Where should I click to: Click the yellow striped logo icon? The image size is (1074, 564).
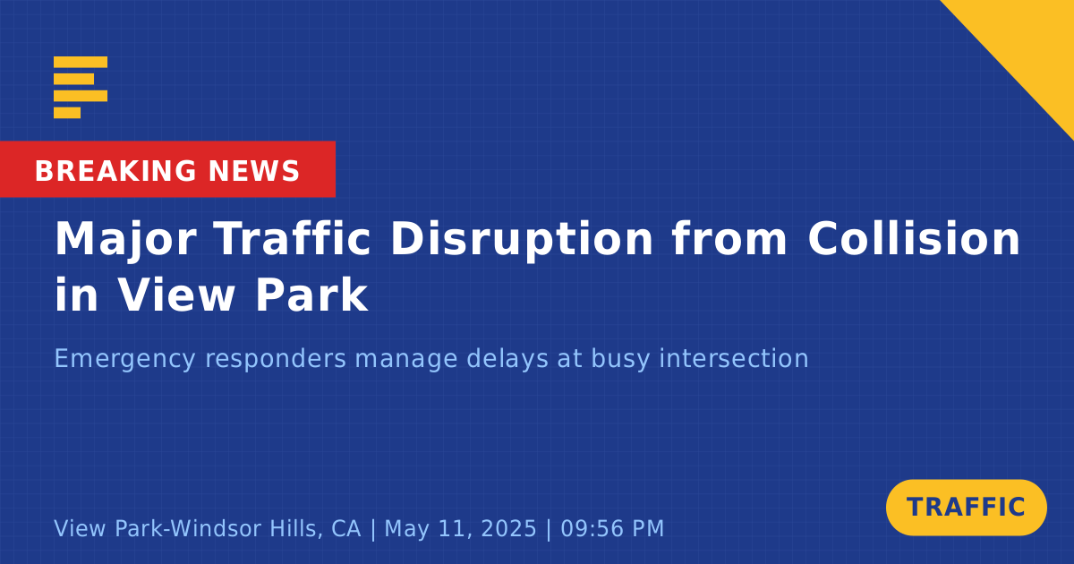[81, 88]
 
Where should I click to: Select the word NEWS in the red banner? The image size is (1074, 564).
[254, 171]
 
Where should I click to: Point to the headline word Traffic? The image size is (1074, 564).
[292, 238]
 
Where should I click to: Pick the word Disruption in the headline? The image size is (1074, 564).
[522, 240]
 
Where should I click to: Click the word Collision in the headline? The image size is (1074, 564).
[914, 238]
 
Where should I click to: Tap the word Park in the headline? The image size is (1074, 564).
[311, 294]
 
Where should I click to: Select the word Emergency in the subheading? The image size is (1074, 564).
[124, 359]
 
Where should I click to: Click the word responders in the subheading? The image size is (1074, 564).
[276, 359]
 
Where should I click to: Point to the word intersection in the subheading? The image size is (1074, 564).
[734, 358]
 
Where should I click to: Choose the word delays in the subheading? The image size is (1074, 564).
[507, 359]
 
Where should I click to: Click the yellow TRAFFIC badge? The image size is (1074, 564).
[966, 508]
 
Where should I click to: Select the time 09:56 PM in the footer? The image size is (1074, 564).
[612, 528]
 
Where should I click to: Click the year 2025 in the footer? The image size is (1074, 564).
[508, 528]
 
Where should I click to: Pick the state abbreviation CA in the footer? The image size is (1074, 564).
[345, 528]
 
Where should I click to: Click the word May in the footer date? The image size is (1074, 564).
[406, 529]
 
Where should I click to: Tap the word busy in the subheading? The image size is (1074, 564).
[620, 359]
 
